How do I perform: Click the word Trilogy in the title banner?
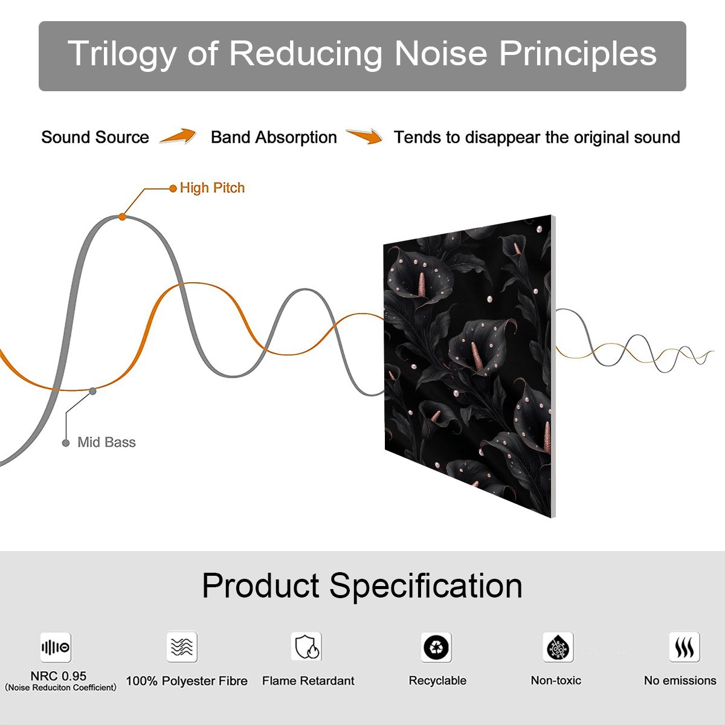122,54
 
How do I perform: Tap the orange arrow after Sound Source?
178,136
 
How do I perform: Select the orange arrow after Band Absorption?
364,136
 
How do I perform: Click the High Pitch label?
212,188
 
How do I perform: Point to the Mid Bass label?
106,442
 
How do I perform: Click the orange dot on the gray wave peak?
122,217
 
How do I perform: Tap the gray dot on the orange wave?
92,391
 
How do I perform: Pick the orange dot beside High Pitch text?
173,188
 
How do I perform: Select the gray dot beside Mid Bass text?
66,443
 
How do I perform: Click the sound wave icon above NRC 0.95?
56,647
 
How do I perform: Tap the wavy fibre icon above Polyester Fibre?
182,646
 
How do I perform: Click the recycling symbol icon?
436,647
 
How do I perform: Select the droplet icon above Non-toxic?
558,647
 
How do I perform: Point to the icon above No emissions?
685,646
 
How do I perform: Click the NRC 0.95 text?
59,675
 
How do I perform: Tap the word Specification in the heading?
426,587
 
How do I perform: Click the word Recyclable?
437,680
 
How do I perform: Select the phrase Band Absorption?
274,137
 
